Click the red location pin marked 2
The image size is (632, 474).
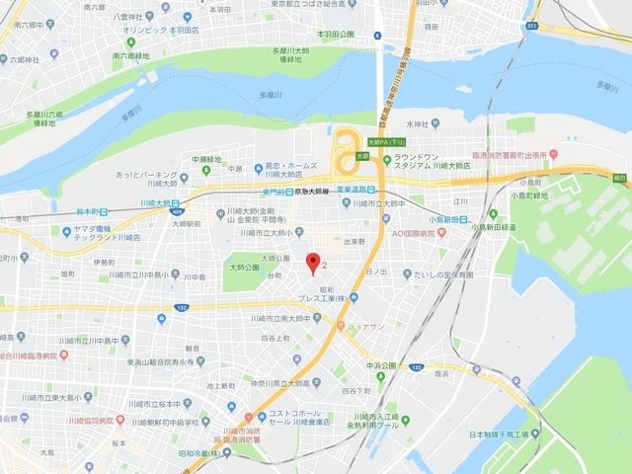tap(314, 263)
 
